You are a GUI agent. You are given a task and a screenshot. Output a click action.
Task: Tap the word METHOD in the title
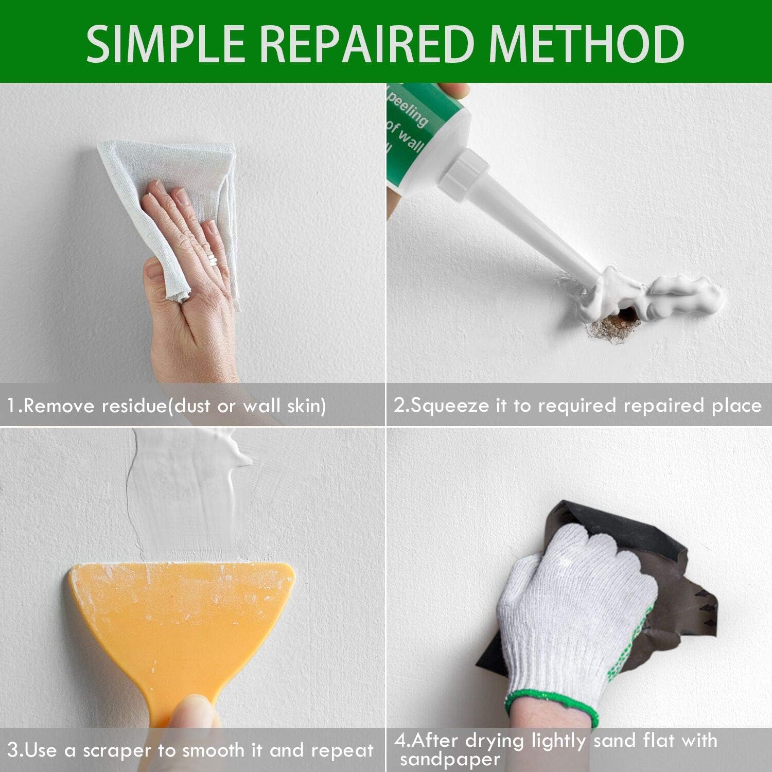point(587,44)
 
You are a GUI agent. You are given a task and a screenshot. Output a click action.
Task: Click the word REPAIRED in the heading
point(367,44)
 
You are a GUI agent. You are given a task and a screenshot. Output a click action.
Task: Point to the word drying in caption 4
point(495,741)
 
